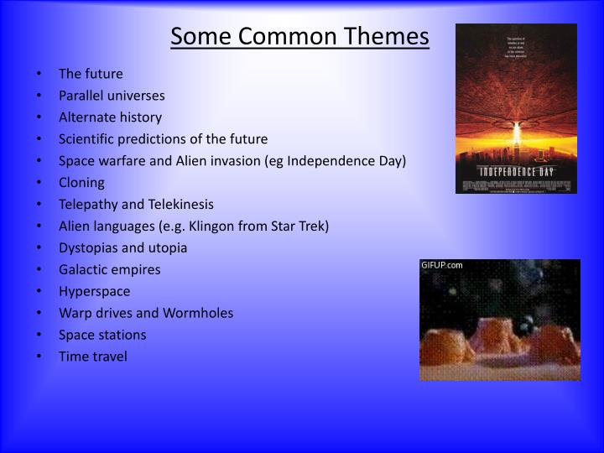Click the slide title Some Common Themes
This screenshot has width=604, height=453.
300,37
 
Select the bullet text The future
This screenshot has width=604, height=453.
91,74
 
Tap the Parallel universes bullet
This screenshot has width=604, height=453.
112,96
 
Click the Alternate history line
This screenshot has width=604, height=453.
110,117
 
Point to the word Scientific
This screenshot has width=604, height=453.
86,139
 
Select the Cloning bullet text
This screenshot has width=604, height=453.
81,183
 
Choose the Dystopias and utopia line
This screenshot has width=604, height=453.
122,248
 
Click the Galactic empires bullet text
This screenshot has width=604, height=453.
109,270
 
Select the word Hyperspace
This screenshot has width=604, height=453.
94,292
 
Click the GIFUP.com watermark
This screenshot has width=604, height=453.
442,266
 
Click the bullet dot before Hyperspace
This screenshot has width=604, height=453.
40,292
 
